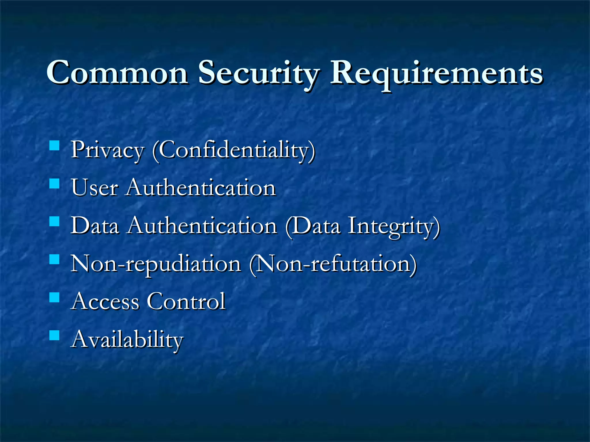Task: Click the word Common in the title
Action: tap(117, 73)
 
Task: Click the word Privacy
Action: tap(107, 150)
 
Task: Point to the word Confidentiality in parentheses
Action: tap(234, 150)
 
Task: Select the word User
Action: tap(94, 188)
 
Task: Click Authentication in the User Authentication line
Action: tap(201, 188)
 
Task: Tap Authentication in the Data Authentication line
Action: tap(203, 226)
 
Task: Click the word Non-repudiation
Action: tap(156, 264)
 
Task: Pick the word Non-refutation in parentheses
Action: tap(333, 264)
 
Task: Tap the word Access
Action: tap(106, 301)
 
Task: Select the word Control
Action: tap(186, 301)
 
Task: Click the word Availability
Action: tap(127, 340)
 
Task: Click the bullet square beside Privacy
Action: tap(54, 146)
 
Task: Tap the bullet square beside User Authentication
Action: tap(54, 184)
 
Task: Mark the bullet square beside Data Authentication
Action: tap(54, 222)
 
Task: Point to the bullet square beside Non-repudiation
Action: tap(54, 260)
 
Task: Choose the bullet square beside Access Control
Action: tap(54, 298)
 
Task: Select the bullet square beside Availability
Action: tap(54, 336)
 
